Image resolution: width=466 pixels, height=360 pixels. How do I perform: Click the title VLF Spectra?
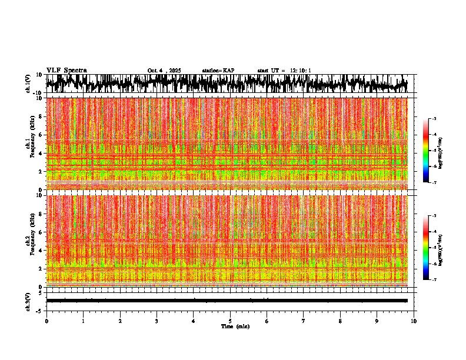coord(66,71)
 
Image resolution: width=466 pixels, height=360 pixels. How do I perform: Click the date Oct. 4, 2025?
coord(164,71)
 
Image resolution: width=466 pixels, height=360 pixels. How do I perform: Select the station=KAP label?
coord(218,71)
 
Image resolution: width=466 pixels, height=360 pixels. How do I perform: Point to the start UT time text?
coord(284,71)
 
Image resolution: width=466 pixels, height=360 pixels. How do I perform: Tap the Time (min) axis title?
coord(235,326)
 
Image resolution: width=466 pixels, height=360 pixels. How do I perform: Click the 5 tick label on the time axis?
coord(230,321)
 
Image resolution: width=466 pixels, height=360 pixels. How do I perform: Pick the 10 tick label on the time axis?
coord(414,321)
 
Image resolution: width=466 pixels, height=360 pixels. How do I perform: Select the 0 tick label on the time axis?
coord(46,321)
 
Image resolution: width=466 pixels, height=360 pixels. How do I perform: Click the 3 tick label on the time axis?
coord(157,321)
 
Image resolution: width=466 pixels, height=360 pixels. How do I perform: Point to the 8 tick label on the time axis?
coord(340,321)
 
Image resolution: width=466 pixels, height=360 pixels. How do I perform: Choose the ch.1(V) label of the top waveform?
coord(29,84)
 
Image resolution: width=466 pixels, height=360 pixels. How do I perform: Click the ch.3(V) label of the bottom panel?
coord(29,300)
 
